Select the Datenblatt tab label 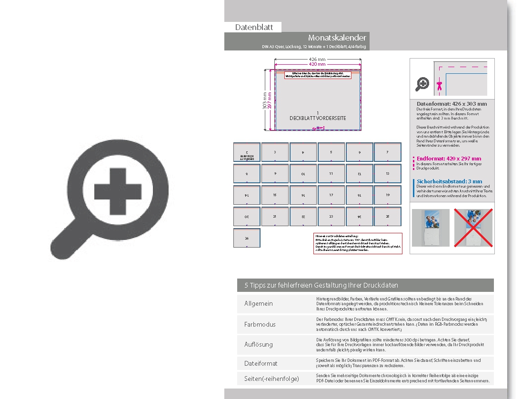(254, 27)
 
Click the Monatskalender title (337, 38)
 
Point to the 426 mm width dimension (318, 60)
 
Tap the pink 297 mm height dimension (270, 100)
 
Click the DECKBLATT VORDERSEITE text (318, 118)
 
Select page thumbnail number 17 (331, 195)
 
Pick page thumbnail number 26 (247, 238)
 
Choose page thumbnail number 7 (387, 152)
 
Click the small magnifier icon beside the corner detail (422, 85)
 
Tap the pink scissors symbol (439, 86)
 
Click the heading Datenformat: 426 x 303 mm (452, 104)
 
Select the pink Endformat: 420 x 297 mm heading (449, 159)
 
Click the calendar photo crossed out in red (473, 228)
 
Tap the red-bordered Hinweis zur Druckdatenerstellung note (358, 243)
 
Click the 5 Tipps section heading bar (365, 285)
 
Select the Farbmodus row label (260, 324)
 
